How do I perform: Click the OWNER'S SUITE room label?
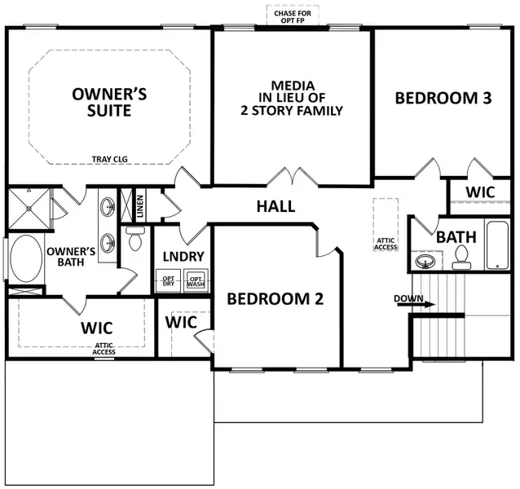coord(110,102)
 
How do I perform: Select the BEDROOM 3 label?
coord(443,99)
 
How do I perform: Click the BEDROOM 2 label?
coord(275,299)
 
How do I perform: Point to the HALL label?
coord(275,206)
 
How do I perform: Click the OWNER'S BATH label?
coord(71,257)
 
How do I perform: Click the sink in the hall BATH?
coord(424,262)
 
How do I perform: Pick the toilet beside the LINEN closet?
coord(135,239)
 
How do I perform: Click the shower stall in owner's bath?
coord(29,210)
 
